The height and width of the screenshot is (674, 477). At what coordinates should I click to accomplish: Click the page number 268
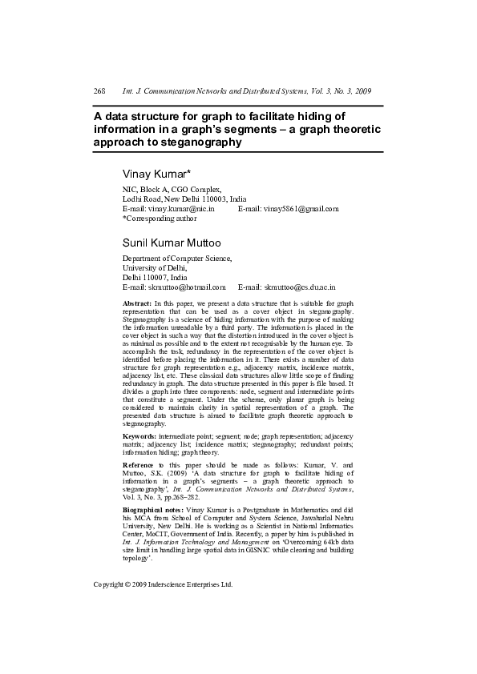pyautogui.click(x=99, y=92)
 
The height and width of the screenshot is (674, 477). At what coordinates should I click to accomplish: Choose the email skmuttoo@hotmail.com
pyautogui.click(x=174, y=287)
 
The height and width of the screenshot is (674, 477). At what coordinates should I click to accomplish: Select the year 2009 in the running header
pyautogui.click(x=362, y=92)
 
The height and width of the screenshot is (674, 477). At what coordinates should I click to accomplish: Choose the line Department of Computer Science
pyautogui.click(x=176, y=258)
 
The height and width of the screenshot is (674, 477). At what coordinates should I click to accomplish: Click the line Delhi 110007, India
pyautogui.click(x=154, y=277)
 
